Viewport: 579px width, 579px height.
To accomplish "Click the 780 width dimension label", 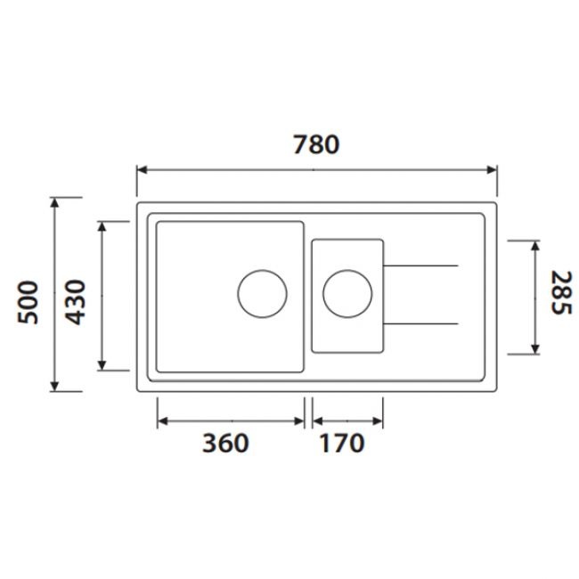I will [x=316, y=143].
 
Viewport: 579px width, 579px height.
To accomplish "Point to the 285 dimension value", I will [x=559, y=293].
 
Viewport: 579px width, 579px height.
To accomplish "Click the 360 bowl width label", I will [x=224, y=443].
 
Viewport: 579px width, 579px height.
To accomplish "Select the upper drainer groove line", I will [x=421, y=265].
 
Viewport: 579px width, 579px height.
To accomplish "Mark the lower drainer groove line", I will [x=421, y=322].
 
